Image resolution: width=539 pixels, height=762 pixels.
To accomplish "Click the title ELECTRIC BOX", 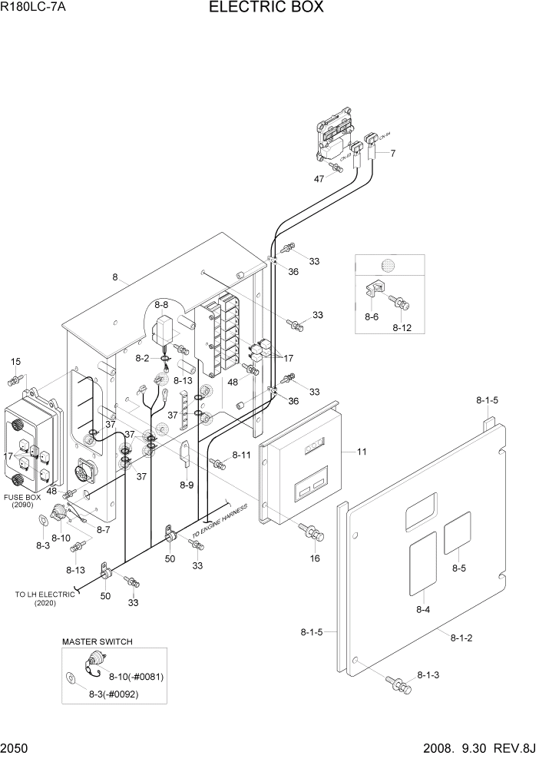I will pyautogui.click(x=266, y=8).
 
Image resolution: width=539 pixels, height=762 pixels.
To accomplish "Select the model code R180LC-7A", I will pyautogui.click(x=33, y=9).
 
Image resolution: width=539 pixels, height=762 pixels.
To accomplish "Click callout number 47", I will pyautogui.click(x=319, y=178).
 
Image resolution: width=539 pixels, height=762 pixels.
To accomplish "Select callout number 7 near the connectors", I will pyautogui.click(x=392, y=154).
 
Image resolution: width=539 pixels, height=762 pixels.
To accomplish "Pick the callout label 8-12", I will pyautogui.click(x=402, y=327).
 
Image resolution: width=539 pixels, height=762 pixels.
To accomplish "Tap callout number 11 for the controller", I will pyautogui.click(x=361, y=452).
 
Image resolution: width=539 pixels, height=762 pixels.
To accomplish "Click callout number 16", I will pyautogui.click(x=315, y=558).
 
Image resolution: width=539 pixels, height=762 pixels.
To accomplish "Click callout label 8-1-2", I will pyautogui.click(x=461, y=637).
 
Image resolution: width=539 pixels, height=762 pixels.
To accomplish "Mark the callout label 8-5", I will pyautogui.click(x=459, y=568).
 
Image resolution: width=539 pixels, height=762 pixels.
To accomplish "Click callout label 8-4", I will pyautogui.click(x=423, y=609).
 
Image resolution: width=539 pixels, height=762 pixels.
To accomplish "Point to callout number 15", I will pyautogui.click(x=16, y=361).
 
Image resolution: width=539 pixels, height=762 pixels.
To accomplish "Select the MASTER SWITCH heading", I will pyautogui.click(x=98, y=641).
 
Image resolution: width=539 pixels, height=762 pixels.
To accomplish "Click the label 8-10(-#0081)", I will pyautogui.click(x=137, y=676).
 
